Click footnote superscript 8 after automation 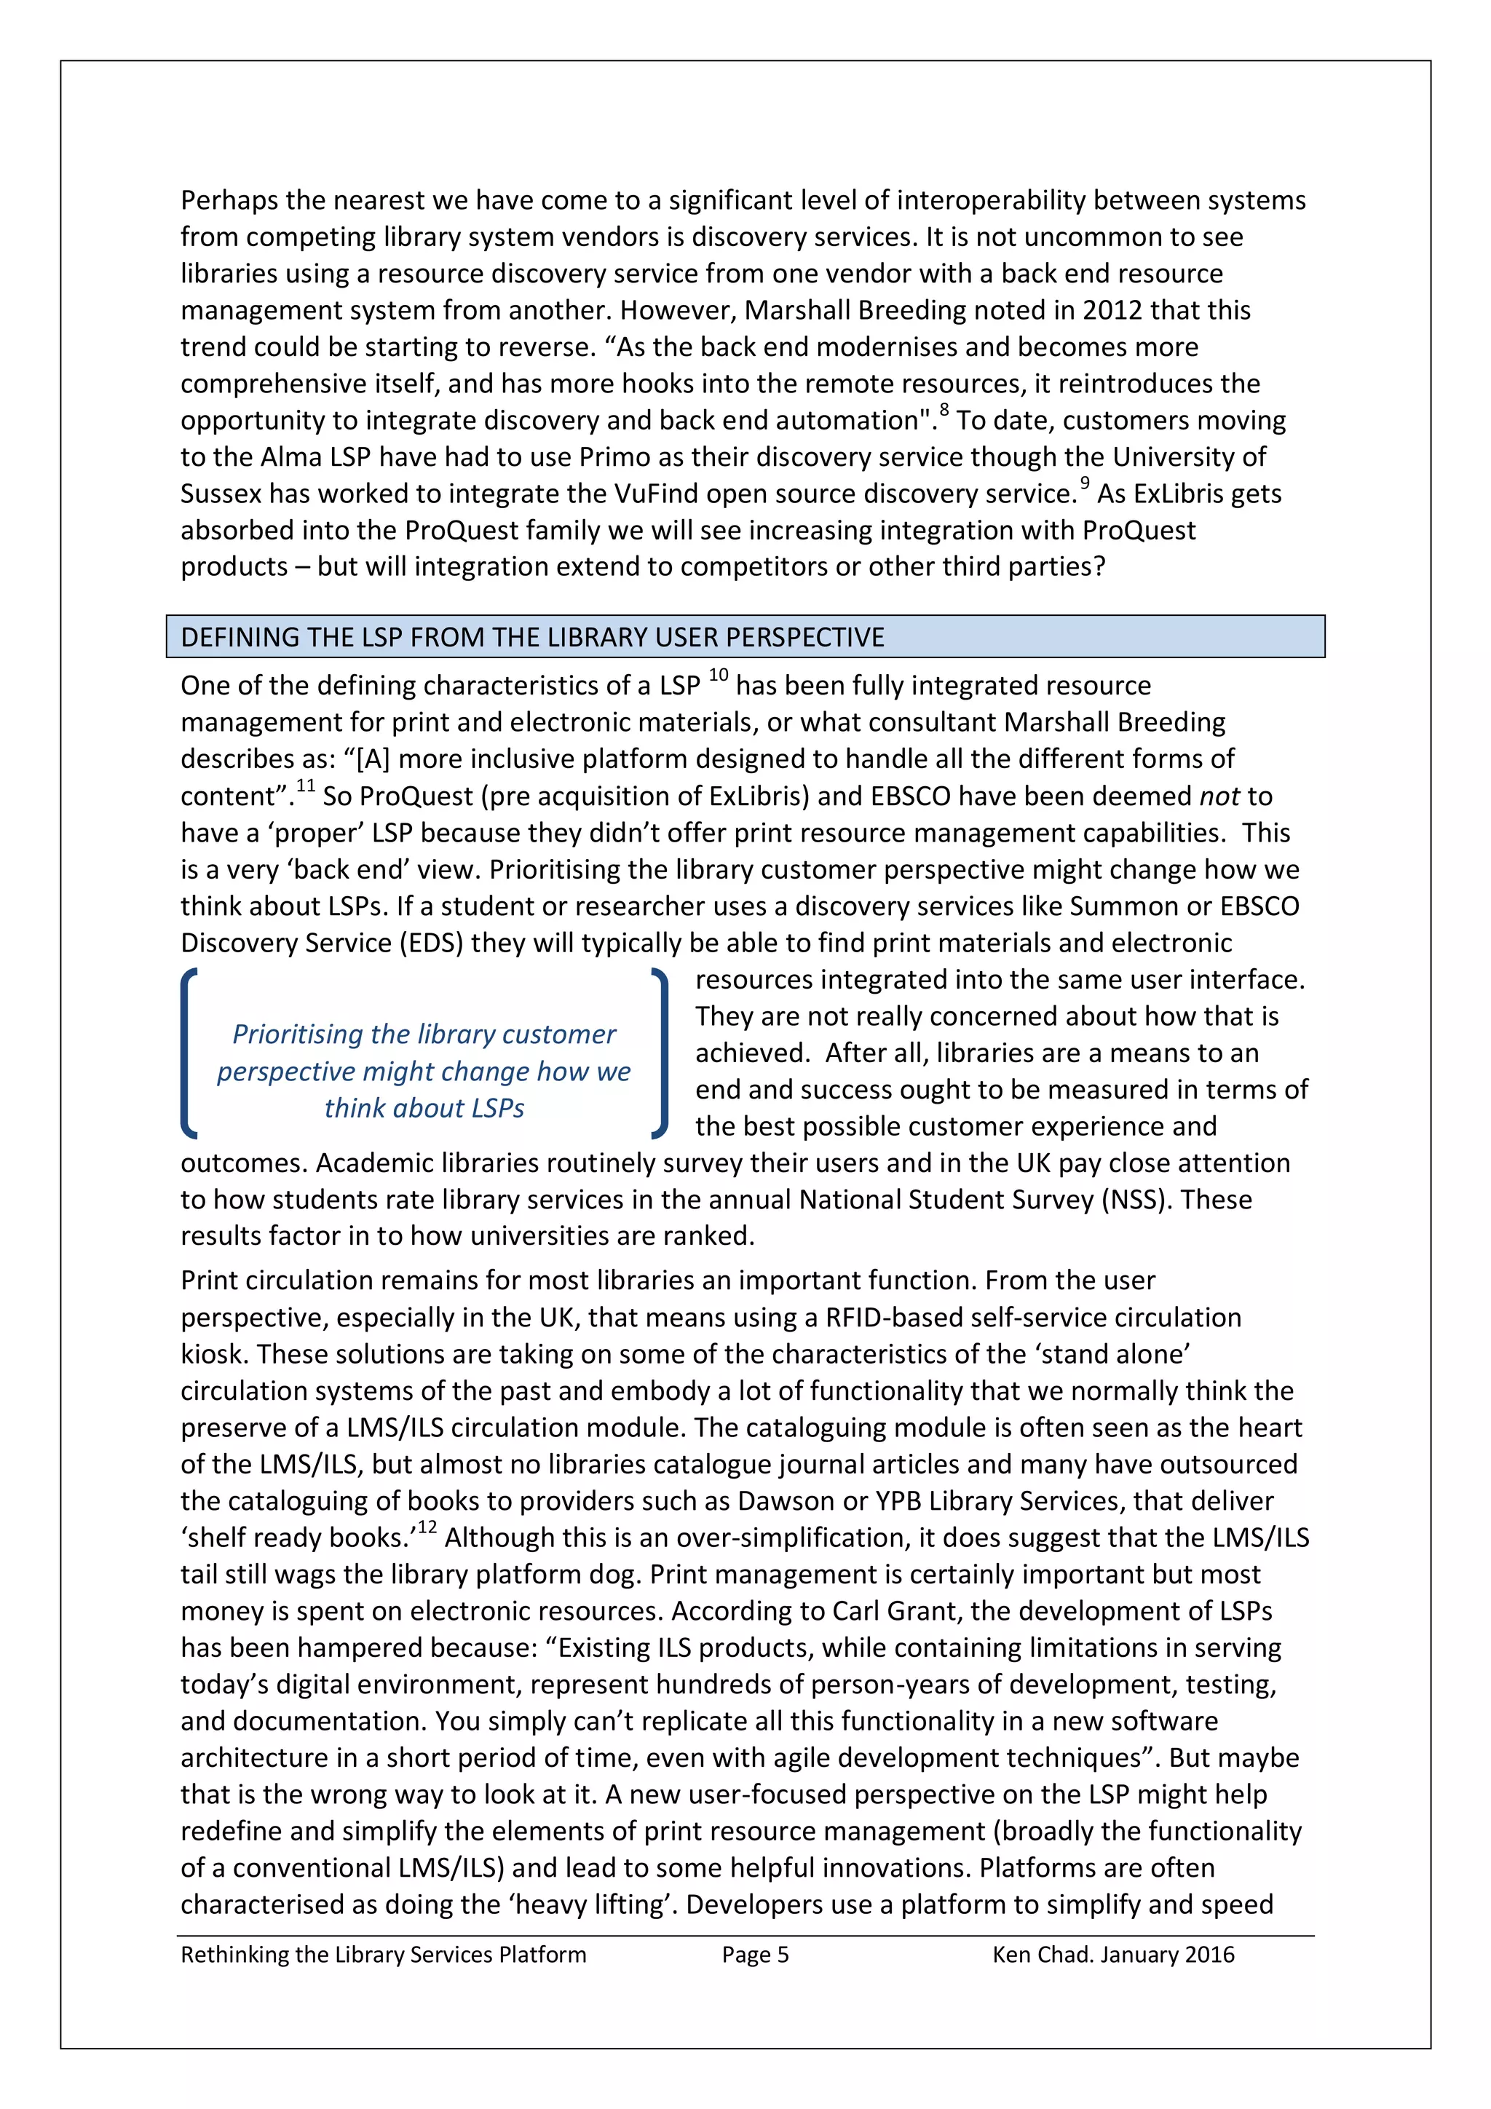(944, 410)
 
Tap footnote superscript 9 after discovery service (1085, 483)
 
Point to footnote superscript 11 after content (305, 786)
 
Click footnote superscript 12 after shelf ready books (427, 1527)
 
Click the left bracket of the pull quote (189, 1053)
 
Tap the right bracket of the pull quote (659, 1053)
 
